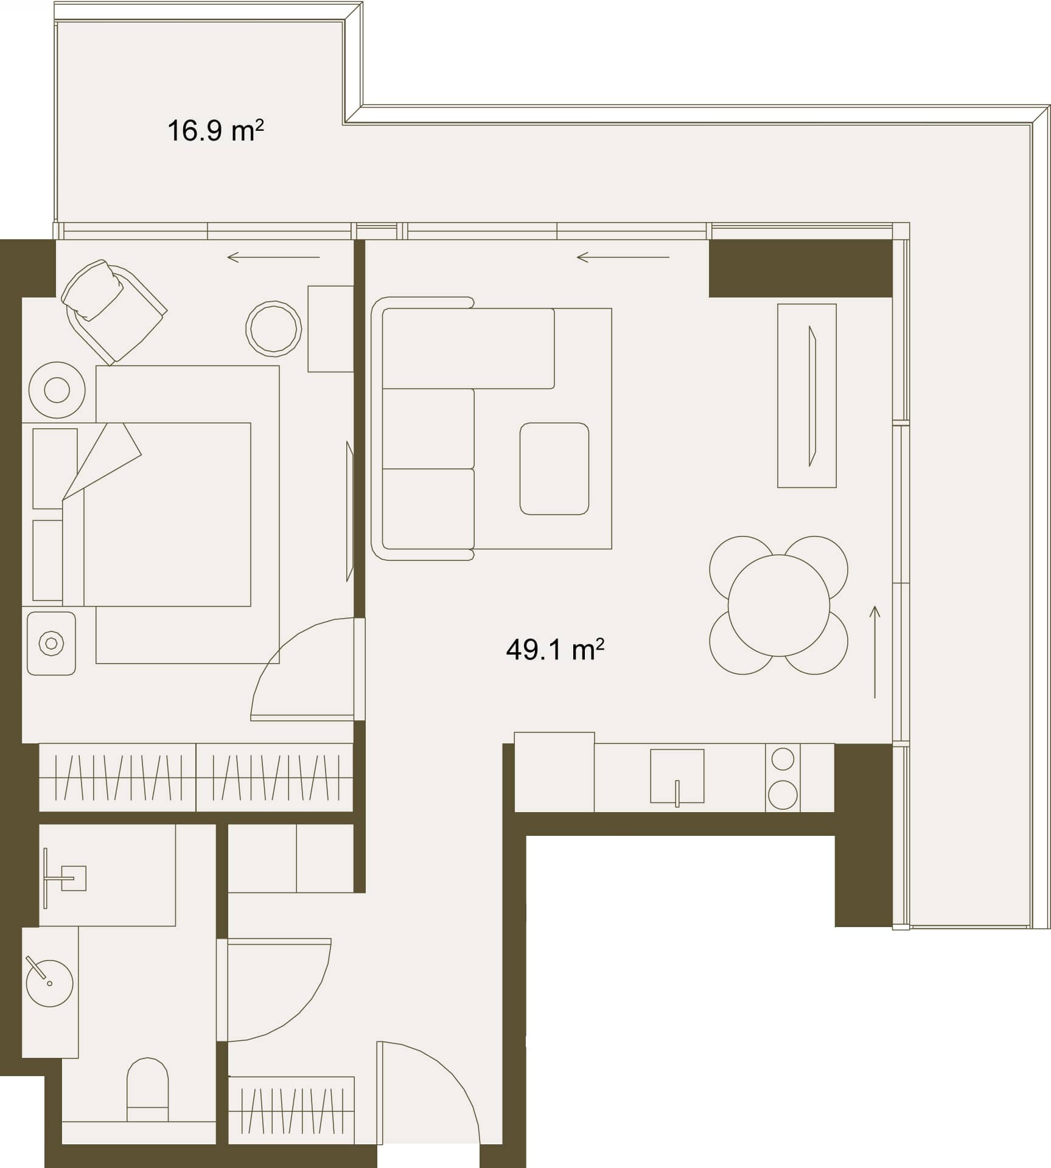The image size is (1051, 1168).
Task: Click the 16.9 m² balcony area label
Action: point(215,131)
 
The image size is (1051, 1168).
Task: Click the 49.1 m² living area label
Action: point(554,650)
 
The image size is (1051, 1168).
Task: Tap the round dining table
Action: point(778,605)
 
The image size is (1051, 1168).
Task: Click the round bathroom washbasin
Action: point(50,983)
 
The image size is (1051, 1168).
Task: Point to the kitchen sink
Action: point(677,776)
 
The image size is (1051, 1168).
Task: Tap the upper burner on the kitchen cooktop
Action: point(783,759)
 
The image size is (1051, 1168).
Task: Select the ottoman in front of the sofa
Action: point(554,468)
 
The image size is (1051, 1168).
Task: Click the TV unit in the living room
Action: point(806,395)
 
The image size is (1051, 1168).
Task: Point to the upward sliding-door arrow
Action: point(875,652)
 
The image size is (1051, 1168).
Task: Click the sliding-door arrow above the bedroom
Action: point(273,257)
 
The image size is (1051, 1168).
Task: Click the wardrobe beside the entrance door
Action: point(292,1110)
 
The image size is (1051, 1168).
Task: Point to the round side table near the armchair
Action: point(274,328)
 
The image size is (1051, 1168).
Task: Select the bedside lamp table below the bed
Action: point(51,643)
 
